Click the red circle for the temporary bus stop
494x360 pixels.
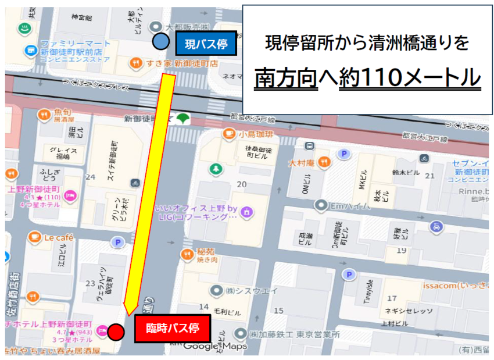click(117, 332)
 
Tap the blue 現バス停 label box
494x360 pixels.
click(205, 43)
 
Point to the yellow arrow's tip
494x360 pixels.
click(127, 311)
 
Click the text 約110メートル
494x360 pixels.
click(410, 78)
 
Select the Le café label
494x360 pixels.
click(56, 237)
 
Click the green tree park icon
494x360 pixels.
click(217, 169)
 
